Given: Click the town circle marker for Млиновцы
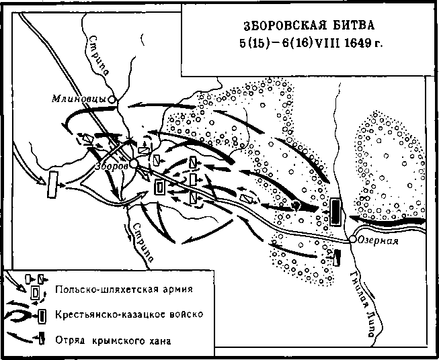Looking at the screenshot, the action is tap(112, 99).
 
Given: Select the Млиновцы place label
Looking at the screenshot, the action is tap(79, 99).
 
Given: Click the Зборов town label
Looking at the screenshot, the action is tap(112, 166).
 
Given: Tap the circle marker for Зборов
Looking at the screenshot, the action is tap(134, 164).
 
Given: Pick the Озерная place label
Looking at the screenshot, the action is tap(378, 241).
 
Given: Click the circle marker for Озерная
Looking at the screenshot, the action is tap(352, 239).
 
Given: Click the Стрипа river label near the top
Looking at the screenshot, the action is tap(99, 55).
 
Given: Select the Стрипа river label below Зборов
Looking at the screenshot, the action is tap(143, 242).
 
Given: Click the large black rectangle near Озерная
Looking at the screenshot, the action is tap(335, 212).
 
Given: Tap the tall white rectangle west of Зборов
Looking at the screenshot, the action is tap(52, 185).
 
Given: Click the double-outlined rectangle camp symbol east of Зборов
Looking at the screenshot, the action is tap(159, 187).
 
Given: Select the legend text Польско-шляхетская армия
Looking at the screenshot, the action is tap(124, 289).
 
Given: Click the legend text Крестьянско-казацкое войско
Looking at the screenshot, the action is tap(129, 314).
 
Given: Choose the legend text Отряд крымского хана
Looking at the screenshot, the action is tap(113, 341).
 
